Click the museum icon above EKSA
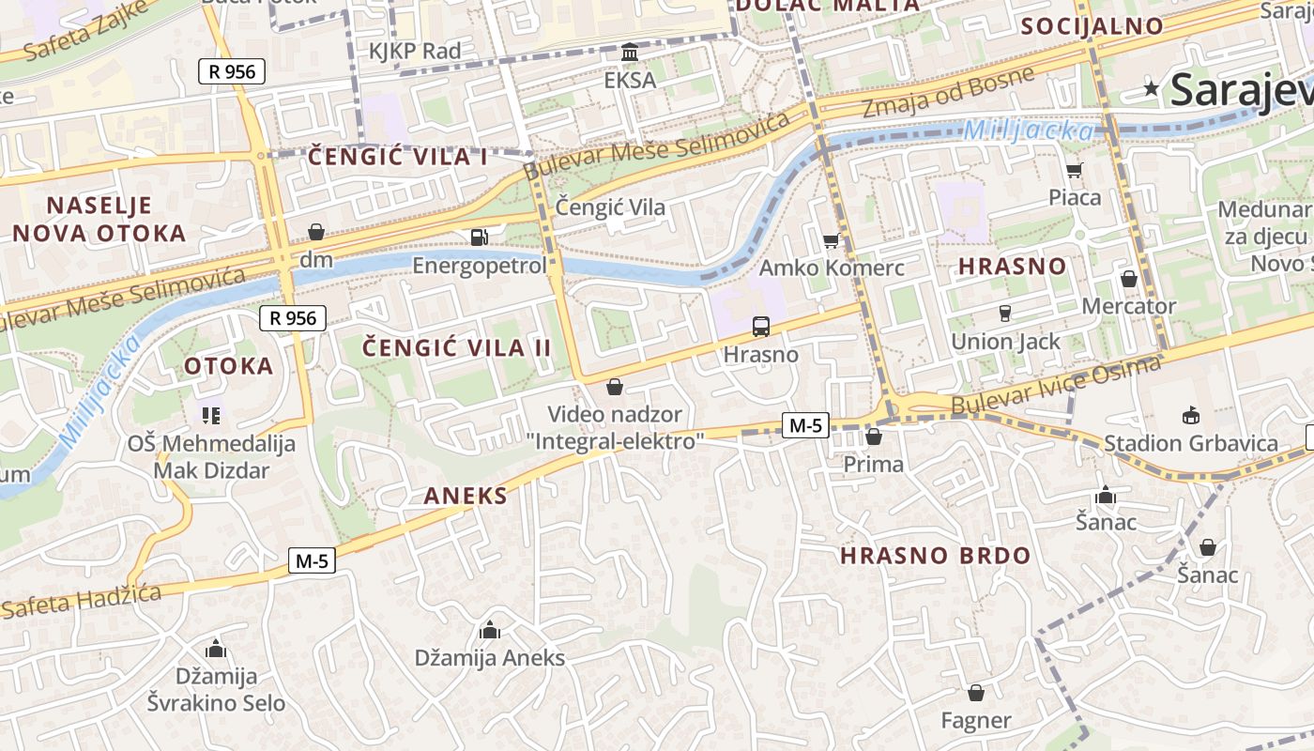coord(630,52)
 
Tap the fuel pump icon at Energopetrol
coord(480,238)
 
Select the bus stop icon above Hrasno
coord(761,327)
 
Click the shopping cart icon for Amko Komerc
coord(831,241)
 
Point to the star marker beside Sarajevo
coord(1152,89)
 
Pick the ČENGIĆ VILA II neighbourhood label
coord(457,348)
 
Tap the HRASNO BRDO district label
coord(935,556)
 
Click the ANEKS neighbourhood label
coord(466,497)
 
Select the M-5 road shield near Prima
coord(805,425)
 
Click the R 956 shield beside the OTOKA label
coord(293,318)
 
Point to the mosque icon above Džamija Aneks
coord(490,629)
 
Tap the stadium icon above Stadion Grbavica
coord(1191,415)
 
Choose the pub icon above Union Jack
coord(1005,313)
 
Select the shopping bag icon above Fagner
coord(976,693)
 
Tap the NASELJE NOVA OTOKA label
coord(99,220)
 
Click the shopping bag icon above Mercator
coord(1129,279)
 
